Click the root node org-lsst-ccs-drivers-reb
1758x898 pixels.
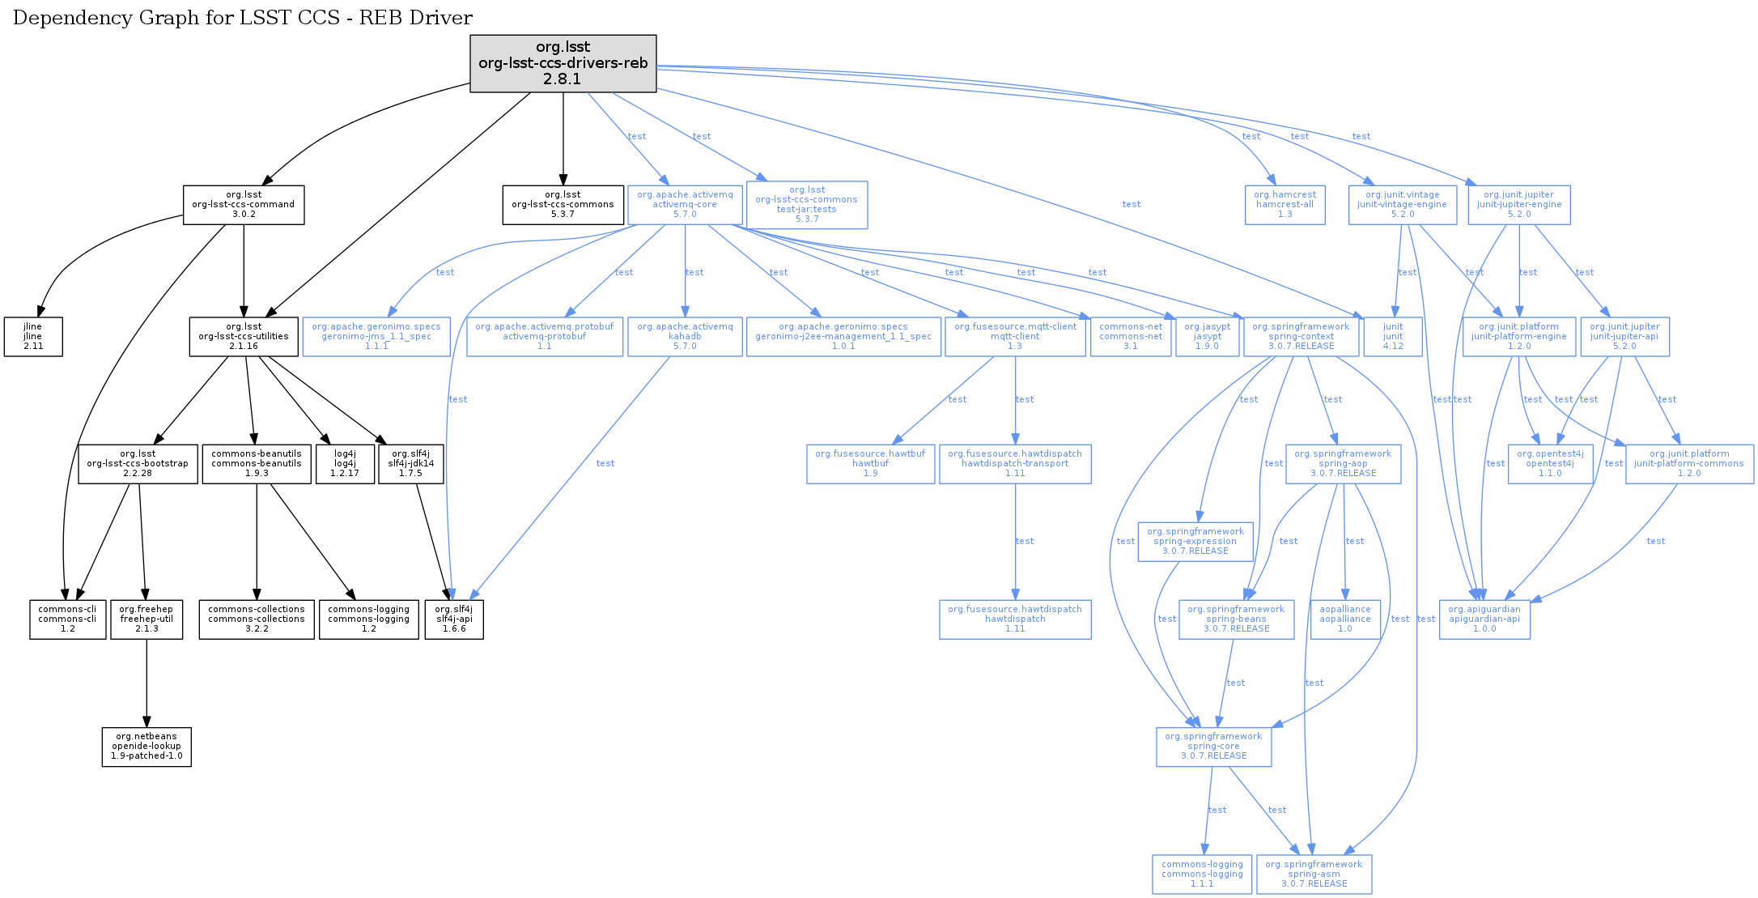(563, 63)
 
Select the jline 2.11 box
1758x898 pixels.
(33, 337)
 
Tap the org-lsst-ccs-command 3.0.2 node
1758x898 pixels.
(244, 205)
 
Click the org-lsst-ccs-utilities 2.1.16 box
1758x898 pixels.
(244, 337)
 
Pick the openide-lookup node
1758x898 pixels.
(146, 747)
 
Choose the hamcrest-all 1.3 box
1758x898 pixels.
(1285, 205)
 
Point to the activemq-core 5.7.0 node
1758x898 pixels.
(685, 205)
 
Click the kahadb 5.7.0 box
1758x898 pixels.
(685, 337)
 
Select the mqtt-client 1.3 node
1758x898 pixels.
(1015, 337)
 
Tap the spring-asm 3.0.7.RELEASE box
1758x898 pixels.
(1314, 875)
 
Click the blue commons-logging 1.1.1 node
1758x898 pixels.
(1202, 875)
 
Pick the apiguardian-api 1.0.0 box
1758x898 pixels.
(1484, 619)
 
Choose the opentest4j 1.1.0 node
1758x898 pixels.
(1550, 464)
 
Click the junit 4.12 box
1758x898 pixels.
(1393, 337)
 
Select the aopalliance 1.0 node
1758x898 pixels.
(1345, 619)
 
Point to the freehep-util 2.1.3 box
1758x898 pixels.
(146, 619)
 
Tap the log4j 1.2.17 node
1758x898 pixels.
(345, 464)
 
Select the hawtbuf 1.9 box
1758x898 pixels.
(870, 464)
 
